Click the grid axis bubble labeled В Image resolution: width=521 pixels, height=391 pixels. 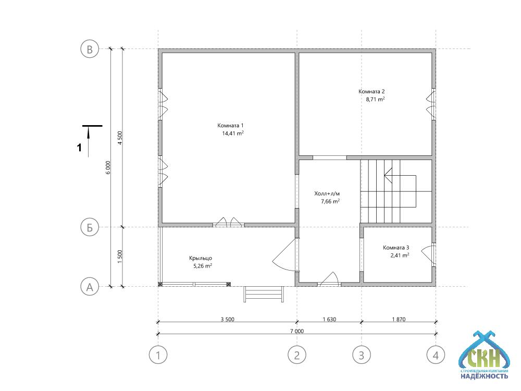[x=90, y=49]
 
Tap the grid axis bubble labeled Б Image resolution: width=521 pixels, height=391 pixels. [x=90, y=227]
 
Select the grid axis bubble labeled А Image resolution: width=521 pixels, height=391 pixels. [x=90, y=287]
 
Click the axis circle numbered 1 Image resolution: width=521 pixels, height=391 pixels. [x=158, y=355]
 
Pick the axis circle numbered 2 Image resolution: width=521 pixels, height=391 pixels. [x=297, y=355]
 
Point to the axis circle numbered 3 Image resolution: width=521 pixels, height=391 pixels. [x=362, y=355]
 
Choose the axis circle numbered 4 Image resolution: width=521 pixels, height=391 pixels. [x=436, y=355]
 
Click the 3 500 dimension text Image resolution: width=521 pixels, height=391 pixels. [x=227, y=319]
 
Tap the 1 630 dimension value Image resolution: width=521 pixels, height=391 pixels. [x=329, y=319]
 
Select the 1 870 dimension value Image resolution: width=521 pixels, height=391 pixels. [x=399, y=319]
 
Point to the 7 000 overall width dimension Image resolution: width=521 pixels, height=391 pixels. [x=297, y=331]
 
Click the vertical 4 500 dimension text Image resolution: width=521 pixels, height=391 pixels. [x=120, y=138]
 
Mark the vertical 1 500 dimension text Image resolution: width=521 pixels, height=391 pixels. [x=120, y=256]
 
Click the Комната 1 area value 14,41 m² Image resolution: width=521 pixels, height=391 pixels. [x=233, y=133]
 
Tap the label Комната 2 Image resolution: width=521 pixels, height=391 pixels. [x=371, y=91]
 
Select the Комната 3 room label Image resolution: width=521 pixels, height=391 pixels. [x=396, y=248]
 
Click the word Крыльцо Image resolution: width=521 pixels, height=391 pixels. [x=201, y=259]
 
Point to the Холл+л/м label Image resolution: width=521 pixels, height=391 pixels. [x=327, y=193]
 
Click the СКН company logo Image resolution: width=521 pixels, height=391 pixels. [x=484, y=355]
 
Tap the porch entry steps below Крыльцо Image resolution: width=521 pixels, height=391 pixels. [x=264, y=294]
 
